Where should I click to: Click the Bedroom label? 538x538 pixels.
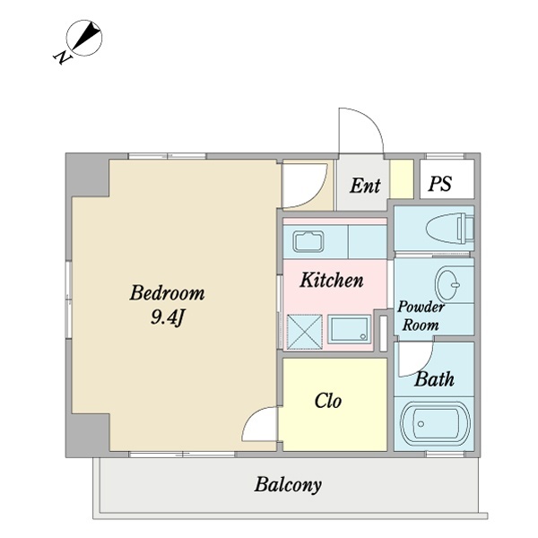pos(167,293)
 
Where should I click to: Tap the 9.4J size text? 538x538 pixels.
pos(168,318)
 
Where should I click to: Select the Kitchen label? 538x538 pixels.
pos(332,280)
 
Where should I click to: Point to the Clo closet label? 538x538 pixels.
pos(327,401)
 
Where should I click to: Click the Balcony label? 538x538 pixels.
pos(288,485)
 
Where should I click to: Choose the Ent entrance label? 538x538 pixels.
pos(365,186)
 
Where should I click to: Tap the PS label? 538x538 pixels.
pos(440,184)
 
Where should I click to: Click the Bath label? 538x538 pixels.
pos(434,379)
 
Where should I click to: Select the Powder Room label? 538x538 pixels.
pos(421,316)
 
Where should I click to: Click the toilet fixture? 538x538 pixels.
pos(450,228)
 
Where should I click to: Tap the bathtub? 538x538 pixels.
pos(436,424)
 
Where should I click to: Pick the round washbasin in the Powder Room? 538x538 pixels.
pos(448,284)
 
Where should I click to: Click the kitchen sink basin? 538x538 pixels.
pos(308,241)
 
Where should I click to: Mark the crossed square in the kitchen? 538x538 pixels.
pos(305,332)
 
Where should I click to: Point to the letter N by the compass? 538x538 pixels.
pos(63,57)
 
